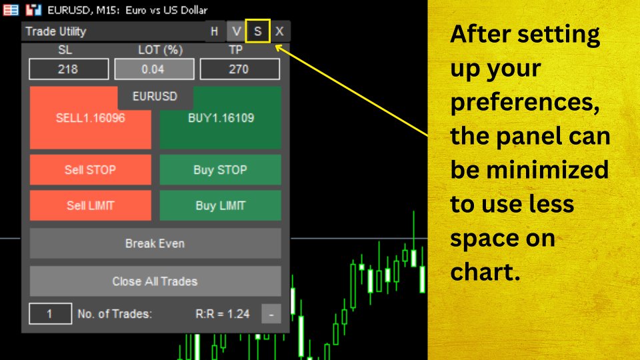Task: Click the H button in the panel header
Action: [x=214, y=31]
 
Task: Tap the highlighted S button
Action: [x=258, y=31]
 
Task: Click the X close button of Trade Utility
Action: [x=280, y=31]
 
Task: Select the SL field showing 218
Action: [x=69, y=69]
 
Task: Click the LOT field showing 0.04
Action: [x=154, y=69]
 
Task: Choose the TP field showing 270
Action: [x=239, y=69]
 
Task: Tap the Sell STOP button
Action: [x=91, y=170]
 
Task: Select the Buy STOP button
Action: [x=220, y=170]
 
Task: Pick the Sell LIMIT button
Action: [x=91, y=205]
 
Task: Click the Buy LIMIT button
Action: [x=220, y=205]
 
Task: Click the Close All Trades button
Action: [x=155, y=281]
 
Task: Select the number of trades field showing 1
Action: [x=50, y=313]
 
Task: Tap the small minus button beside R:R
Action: [x=271, y=313]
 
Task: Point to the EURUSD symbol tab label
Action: [x=155, y=96]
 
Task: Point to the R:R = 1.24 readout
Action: [x=223, y=313]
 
